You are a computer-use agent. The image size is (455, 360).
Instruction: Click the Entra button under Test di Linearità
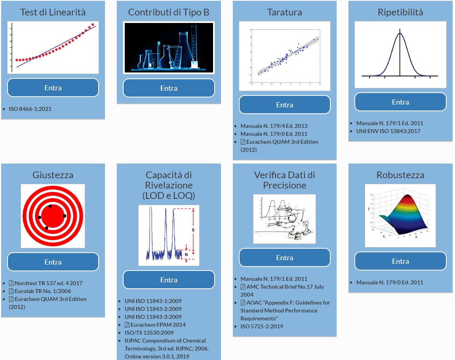[x=53, y=88]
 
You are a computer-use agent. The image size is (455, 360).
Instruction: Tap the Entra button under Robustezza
[x=400, y=261]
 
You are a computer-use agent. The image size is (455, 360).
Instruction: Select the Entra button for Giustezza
[x=53, y=262]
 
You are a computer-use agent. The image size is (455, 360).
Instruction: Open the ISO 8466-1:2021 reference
[x=30, y=109]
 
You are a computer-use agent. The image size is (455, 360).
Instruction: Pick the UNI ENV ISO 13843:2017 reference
[x=388, y=131]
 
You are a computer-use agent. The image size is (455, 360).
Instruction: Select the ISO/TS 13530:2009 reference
[x=149, y=333]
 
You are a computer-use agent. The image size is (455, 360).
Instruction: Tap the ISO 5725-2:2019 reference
[x=262, y=326]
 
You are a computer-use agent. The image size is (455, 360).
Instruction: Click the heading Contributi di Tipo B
[x=169, y=12]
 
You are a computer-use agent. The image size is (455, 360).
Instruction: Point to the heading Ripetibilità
[x=400, y=12]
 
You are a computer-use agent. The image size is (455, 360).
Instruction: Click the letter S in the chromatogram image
[x=193, y=230]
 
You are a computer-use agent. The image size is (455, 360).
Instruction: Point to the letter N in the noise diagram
[x=186, y=255]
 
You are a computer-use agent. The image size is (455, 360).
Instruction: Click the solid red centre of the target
[x=52, y=216]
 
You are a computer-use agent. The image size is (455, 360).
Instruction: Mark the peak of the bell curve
[x=400, y=33]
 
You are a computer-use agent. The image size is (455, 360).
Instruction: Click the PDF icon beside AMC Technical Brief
[x=243, y=287]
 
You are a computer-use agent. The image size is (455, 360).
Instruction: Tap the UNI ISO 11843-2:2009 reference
[x=153, y=309]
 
